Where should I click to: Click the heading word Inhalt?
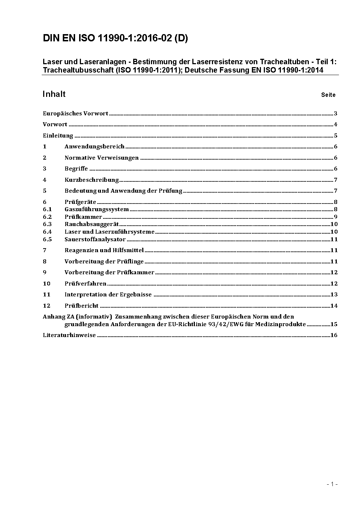(54, 94)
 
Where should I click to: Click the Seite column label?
(328, 95)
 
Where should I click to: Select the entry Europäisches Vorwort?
(75, 114)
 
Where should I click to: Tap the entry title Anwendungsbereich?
(94, 147)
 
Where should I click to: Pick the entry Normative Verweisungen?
(102, 158)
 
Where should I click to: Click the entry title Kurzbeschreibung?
(92, 180)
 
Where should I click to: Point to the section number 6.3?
(47, 224)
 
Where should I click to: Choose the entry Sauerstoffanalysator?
(95, 239)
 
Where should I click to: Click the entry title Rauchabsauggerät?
(92, 224)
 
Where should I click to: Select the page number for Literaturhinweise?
(334, 335)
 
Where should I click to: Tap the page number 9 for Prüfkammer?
(336, 217)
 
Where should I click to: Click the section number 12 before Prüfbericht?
(46, 306)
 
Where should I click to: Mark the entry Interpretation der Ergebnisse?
(108, 295)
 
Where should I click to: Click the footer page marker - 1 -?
(332, 484)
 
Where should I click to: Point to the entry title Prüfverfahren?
(86, 284)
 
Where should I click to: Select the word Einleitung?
(58, 136)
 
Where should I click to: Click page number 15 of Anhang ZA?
(334, 324)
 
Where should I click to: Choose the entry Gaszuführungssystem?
(97, 209)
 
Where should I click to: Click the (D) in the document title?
(181, 38)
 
